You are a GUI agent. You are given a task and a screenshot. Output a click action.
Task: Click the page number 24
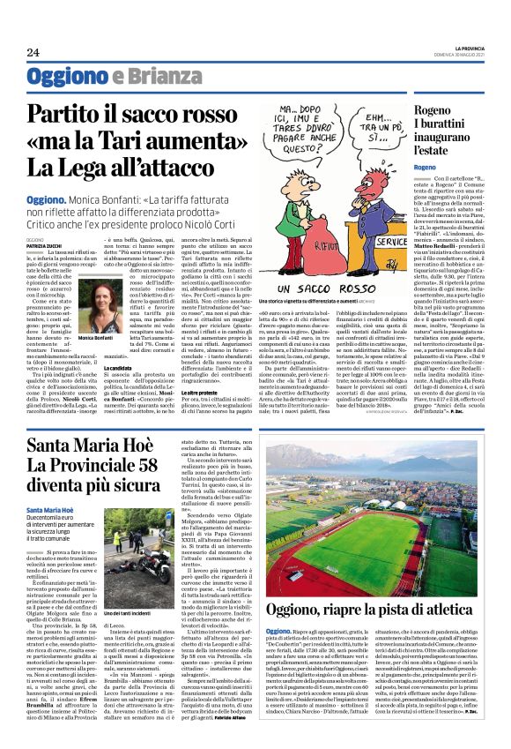[x=33, y=52]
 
